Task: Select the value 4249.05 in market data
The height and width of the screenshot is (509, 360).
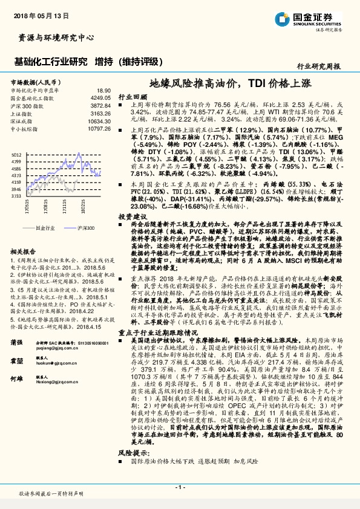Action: click(100, 97)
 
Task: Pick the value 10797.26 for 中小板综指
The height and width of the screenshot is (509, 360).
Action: click(98, 128)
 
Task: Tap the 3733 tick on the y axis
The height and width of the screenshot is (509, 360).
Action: click(17, 196)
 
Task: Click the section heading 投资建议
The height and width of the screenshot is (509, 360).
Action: click(133, 216)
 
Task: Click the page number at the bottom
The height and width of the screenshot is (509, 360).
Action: click(180, 487)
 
